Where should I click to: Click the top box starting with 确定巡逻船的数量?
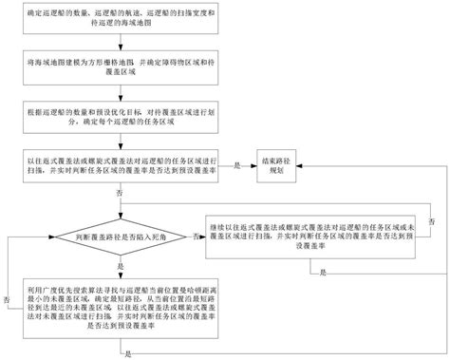pos(119,20)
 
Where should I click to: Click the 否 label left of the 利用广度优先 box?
pos(8,299)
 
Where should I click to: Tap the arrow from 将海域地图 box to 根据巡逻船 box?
pos(119,93)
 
